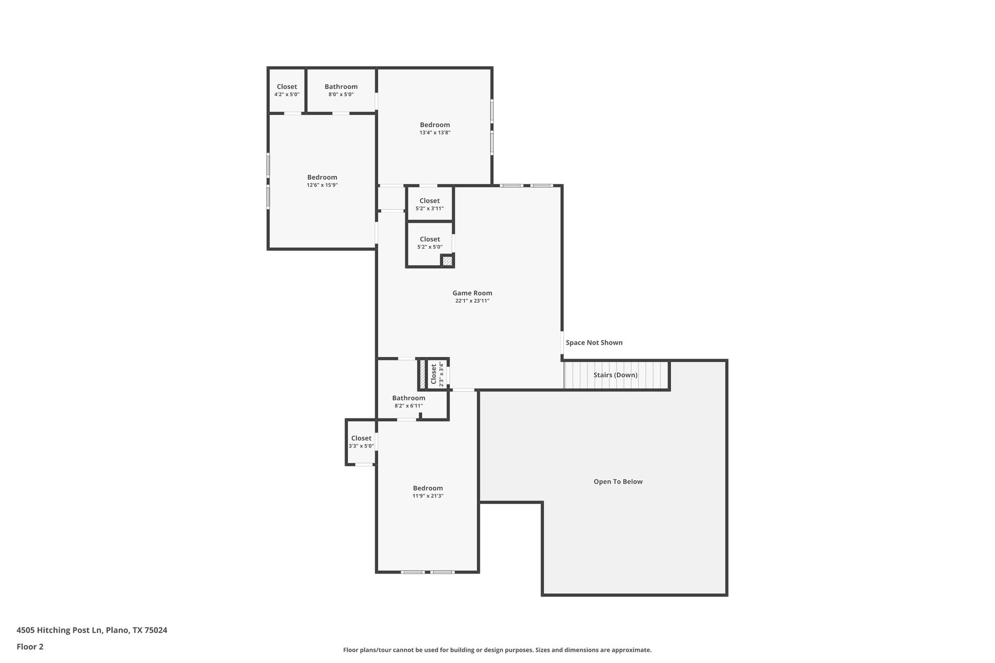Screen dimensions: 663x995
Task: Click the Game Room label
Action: point(472,293)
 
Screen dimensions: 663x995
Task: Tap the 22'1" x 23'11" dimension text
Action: point(472,301)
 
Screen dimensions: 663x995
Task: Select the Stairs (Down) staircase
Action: point(616,375)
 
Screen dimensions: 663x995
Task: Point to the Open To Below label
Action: point(618,482)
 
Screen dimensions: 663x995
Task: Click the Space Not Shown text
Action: point(594,342)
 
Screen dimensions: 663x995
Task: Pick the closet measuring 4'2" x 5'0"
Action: point(287,90)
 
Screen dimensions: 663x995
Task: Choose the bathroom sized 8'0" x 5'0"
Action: point(341,90)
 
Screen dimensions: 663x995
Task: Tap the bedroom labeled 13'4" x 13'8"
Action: point(435,128)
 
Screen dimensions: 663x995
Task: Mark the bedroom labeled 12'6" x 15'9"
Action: point(322,181)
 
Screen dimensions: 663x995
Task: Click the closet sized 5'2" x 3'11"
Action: point(429,204)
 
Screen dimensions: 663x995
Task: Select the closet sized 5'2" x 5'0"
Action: point(429,243)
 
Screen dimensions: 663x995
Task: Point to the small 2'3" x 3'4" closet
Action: point(437,374)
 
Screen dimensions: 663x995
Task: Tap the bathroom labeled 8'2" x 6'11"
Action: point(409,401)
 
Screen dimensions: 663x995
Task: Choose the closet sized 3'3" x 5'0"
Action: point(361,442)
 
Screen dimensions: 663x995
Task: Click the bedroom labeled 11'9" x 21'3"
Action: point(428,492)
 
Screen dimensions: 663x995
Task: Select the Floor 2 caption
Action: point(30,646)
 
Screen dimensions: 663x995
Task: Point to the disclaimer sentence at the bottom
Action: point(497,650)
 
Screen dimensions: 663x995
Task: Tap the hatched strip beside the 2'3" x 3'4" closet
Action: point(422,374)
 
